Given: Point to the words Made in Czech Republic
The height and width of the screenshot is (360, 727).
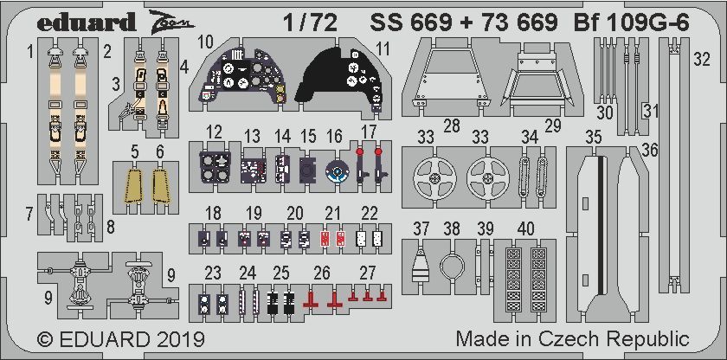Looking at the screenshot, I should click(572, 338).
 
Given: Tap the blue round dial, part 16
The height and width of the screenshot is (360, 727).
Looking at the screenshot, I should click(336, 171).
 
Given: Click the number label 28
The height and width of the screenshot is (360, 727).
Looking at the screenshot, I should click(450, 125).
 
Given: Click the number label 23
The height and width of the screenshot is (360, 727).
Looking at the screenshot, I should click(213, 273).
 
